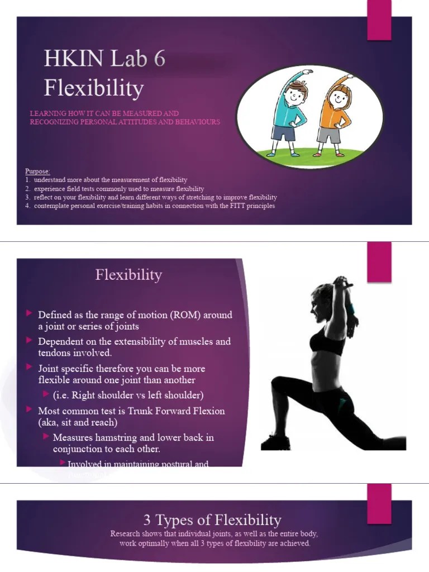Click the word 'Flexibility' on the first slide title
click(x=93, y=88)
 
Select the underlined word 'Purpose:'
click(x=37, y=171)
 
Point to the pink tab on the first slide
click(x=379, y=20)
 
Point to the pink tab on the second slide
click(x=379, y=262)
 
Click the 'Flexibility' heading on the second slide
click(x=128, y=275)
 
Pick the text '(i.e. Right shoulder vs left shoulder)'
click(x=128, y=395)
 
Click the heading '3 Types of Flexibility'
click(x=212, y=520)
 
